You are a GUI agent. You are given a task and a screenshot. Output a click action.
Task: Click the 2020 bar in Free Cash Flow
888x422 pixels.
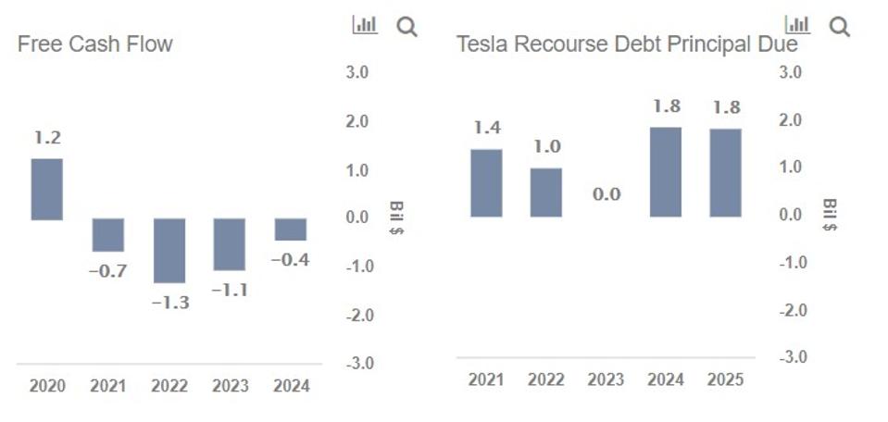coord(47,189)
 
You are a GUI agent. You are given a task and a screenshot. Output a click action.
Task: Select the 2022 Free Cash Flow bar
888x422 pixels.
coord(169,250)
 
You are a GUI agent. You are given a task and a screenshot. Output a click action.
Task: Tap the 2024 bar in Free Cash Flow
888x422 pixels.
coord(290,230)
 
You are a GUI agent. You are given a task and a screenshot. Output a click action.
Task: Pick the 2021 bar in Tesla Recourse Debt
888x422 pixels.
coord(486,182)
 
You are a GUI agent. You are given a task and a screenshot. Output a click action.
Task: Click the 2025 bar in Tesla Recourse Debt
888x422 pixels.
coord(726,172)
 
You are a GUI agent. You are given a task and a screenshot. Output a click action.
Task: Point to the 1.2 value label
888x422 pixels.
coord(47,138)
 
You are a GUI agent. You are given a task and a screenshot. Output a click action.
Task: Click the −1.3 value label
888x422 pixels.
coord(170,303)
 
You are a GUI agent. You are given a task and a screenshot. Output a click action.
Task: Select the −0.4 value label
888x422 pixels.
coord(290,260)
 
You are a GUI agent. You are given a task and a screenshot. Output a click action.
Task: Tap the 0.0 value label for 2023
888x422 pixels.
coord(607,194)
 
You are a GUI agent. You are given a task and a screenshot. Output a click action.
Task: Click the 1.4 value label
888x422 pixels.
coord(486,129)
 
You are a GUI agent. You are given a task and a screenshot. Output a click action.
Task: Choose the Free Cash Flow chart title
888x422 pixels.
coord(95,43)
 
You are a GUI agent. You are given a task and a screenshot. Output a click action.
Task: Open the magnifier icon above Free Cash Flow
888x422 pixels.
coord(406,27)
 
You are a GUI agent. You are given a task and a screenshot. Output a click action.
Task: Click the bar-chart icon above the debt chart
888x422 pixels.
coord(796,25)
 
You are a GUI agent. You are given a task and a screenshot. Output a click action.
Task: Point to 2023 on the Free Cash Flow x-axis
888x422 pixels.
coord(231,386)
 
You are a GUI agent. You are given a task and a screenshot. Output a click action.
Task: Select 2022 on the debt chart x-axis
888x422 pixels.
coord(546,379)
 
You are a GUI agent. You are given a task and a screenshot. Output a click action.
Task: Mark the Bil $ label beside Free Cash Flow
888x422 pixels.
coord(396,217)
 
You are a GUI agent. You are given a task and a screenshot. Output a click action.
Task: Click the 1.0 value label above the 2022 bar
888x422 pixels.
coord(546,147)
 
